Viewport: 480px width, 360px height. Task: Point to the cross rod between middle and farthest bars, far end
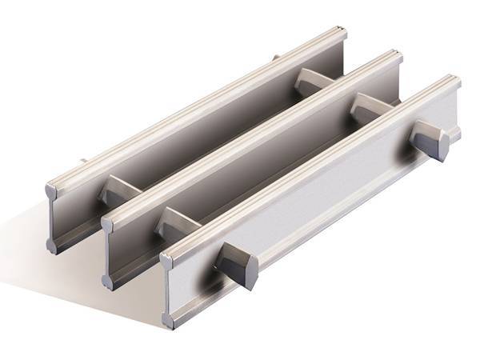point(308,81)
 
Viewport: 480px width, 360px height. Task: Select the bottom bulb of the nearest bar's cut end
point(170,320)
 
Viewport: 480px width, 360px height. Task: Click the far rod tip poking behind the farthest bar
point(275,58)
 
